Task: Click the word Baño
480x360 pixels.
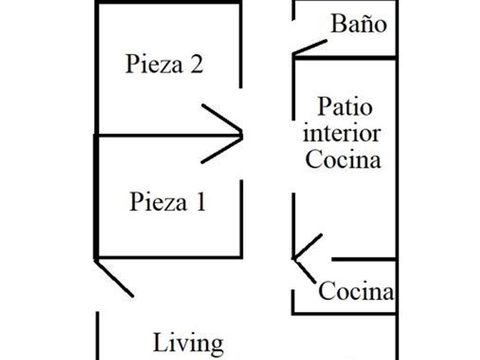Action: [x=358, y=25]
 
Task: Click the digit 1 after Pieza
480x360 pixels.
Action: [x=199, y=202]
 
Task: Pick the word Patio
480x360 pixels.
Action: [x=345, y=107]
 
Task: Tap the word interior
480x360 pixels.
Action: [x=342, y=133]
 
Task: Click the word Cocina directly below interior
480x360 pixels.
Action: [x=343, y=159]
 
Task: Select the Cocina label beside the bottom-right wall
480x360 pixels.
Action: [x=356, y=291]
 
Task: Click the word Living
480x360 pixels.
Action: [x=188, y=343]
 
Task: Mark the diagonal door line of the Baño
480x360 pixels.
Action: [x=310, y=47]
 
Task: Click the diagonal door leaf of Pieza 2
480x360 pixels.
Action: [x=222, y=119]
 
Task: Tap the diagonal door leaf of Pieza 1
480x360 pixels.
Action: [x=222, y=150]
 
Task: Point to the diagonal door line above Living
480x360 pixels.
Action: [x=114, y=279]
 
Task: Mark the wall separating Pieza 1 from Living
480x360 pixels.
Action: [x=169, y=257]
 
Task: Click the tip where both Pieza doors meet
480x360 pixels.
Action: [x=242, y=135]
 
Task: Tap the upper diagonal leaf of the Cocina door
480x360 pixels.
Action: [x=307, y=246]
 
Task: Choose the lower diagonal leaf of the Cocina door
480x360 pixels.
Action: [x=305, y=270]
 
